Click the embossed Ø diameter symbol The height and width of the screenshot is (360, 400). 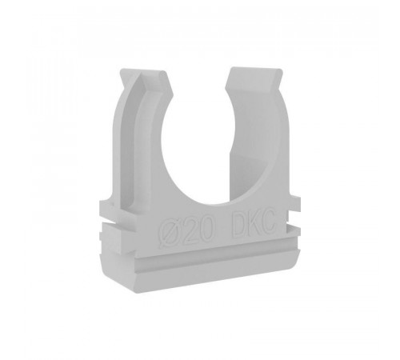[x=169, y=232]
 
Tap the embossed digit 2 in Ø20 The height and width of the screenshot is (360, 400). [x=186, y=230]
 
